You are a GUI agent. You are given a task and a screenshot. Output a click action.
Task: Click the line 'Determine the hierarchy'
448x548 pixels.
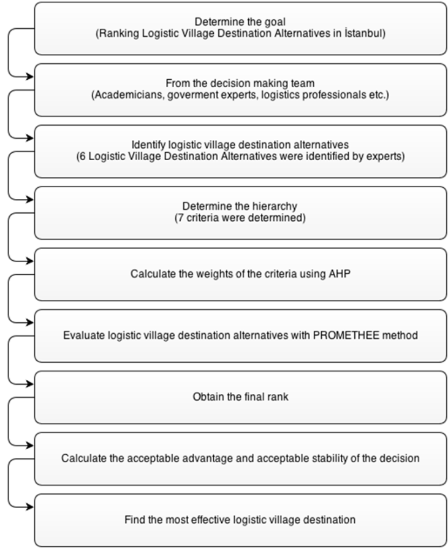pos(240,206)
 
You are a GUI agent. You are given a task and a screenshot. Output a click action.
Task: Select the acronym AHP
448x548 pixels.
pos(339,273)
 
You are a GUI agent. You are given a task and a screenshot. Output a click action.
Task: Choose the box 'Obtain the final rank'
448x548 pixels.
pos(240,397)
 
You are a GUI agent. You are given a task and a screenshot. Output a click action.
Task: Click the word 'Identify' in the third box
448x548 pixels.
pos(148,145)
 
